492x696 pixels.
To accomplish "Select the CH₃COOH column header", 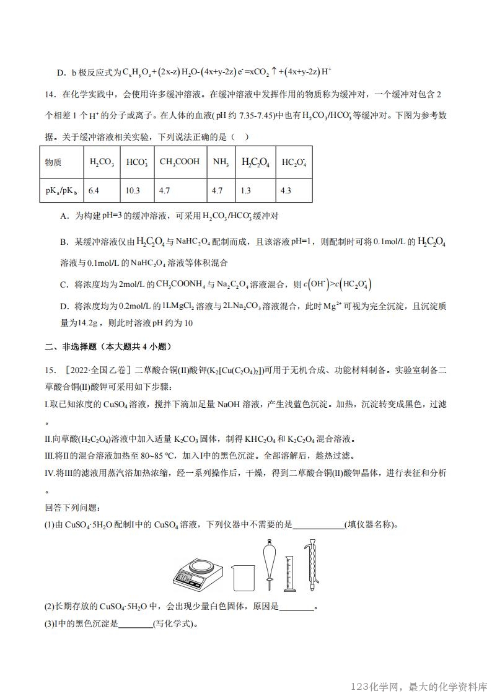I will coord(180,162).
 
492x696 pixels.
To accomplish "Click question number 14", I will coord(50,95).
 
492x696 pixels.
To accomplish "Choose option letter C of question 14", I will coord(63,284).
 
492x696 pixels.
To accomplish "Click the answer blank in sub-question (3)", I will coord(135,623).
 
